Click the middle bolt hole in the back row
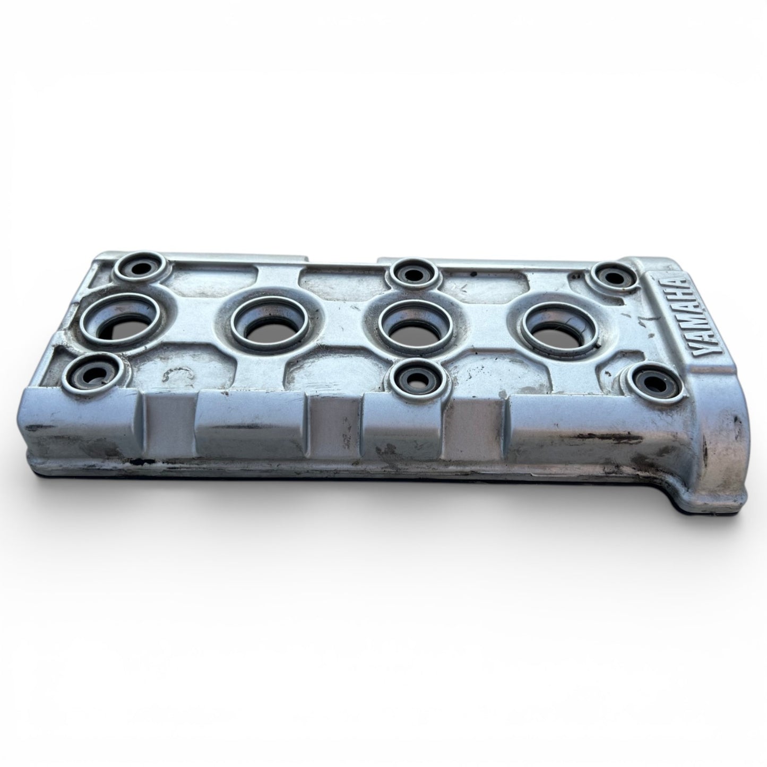413,274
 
